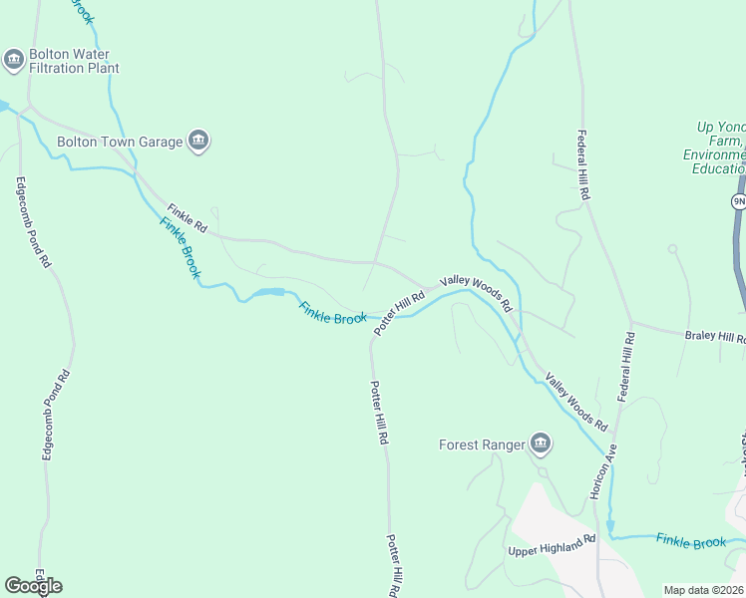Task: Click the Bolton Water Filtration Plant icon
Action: (x=14, y=61)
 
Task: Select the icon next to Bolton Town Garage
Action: (x=198, y=142)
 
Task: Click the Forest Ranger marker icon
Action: (x=541, y=444)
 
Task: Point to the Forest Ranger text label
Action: (x=482, y=445)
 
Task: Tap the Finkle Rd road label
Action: (x=186, y=218)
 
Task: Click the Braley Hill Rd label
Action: (x=714, y=337)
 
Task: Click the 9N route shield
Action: (x=738, y=201)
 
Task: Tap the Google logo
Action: (x=33, y=585)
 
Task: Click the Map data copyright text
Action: (x=704, y=590)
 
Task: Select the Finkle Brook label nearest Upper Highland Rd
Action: (x=690, y=542)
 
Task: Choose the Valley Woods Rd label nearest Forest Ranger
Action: (x=575, y=402)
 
